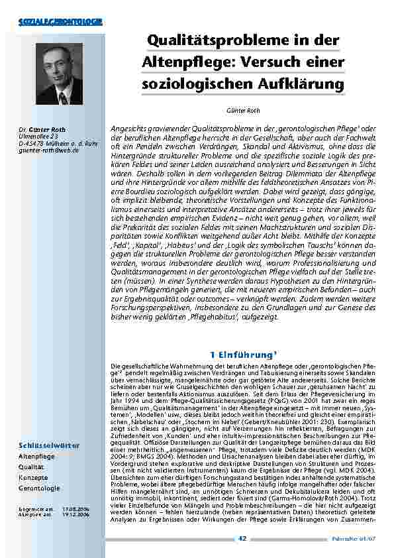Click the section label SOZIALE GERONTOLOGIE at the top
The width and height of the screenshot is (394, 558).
tap(60, 23)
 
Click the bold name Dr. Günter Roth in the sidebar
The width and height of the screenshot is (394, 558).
tap(42, 129)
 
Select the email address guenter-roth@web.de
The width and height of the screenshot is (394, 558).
tap(48, 150)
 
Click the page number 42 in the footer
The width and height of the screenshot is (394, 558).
tap(242, 537)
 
